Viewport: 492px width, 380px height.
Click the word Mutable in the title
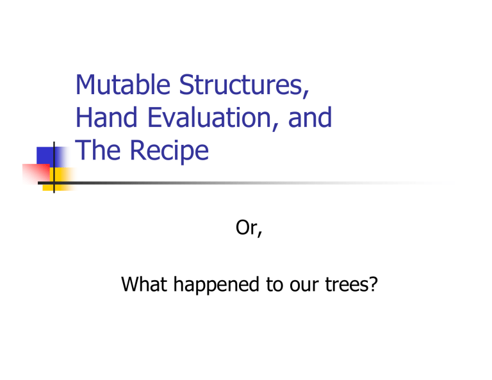click(122, 87)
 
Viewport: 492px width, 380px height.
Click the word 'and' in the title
click(310, 119)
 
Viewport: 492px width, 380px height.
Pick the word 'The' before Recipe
click(97, 152)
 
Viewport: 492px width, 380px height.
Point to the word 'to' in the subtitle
click(263, 298)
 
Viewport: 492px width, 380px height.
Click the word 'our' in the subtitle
click(294, 298)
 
